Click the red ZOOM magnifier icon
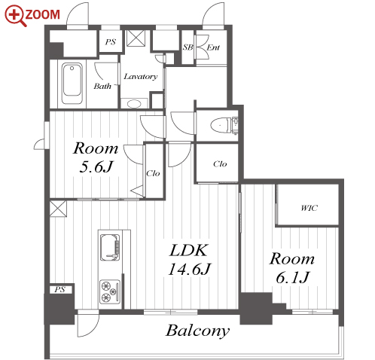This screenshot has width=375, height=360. point(16,16)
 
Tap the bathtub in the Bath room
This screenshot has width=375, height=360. point(72,84)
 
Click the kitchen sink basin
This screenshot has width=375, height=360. point(110,248)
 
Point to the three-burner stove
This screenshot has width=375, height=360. point(110,291)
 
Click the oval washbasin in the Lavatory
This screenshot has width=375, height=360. point(134,104)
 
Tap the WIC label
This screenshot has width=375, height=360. point(309,208)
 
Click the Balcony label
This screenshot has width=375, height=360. point(197,331)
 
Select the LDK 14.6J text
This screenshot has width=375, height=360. point(189,260)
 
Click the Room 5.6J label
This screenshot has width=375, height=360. point(96,157)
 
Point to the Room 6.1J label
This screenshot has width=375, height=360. point(292,268)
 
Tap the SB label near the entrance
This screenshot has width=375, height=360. point(187,47)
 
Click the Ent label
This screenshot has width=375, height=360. point(213,47)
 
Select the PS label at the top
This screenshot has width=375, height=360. point(111,41)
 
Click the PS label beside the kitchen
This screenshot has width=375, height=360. point(59,290)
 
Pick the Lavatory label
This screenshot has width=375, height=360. point(141,76)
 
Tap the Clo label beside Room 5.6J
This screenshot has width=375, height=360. point(153,173)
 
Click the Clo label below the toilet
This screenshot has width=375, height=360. point(220,164)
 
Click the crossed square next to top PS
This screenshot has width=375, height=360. point(136,38)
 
